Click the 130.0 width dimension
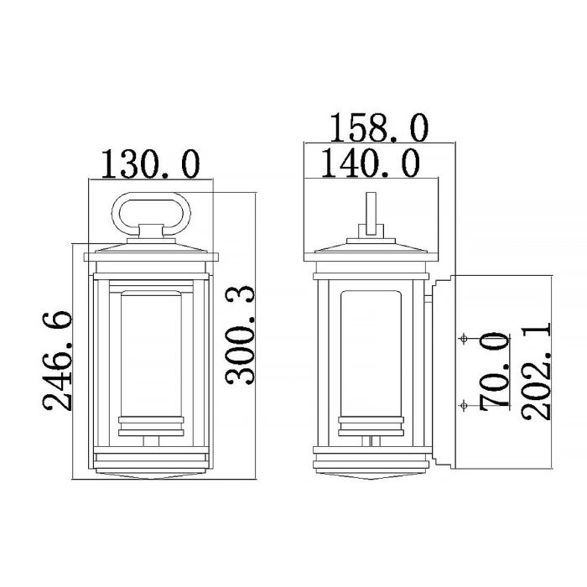coord(150,164)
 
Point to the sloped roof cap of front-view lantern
coord(150,246)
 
